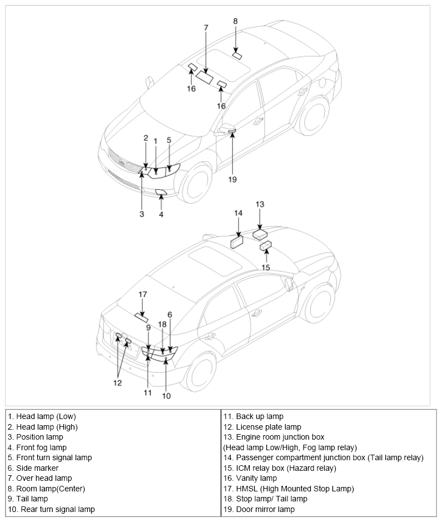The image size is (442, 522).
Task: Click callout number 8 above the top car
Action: (236, 21)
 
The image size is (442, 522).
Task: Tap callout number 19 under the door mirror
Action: (232, 179)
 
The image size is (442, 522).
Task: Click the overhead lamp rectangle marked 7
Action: (205, 76)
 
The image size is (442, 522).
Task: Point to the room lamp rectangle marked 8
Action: (237, 56)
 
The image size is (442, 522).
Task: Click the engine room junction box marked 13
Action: (260, 234)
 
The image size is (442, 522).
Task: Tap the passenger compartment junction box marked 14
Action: (237, 242)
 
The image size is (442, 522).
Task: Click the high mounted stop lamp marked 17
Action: (141, 318)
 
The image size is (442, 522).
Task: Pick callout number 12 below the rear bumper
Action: (117, 383)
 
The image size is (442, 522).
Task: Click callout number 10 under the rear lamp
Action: (166, 396)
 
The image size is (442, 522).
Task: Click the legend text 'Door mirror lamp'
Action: (265, 509)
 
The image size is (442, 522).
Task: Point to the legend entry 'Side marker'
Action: (37, 468)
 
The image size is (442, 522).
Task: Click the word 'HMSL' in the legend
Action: (247, 489)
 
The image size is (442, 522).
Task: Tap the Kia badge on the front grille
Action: (122, 163)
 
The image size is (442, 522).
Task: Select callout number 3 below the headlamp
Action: (142, 214)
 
